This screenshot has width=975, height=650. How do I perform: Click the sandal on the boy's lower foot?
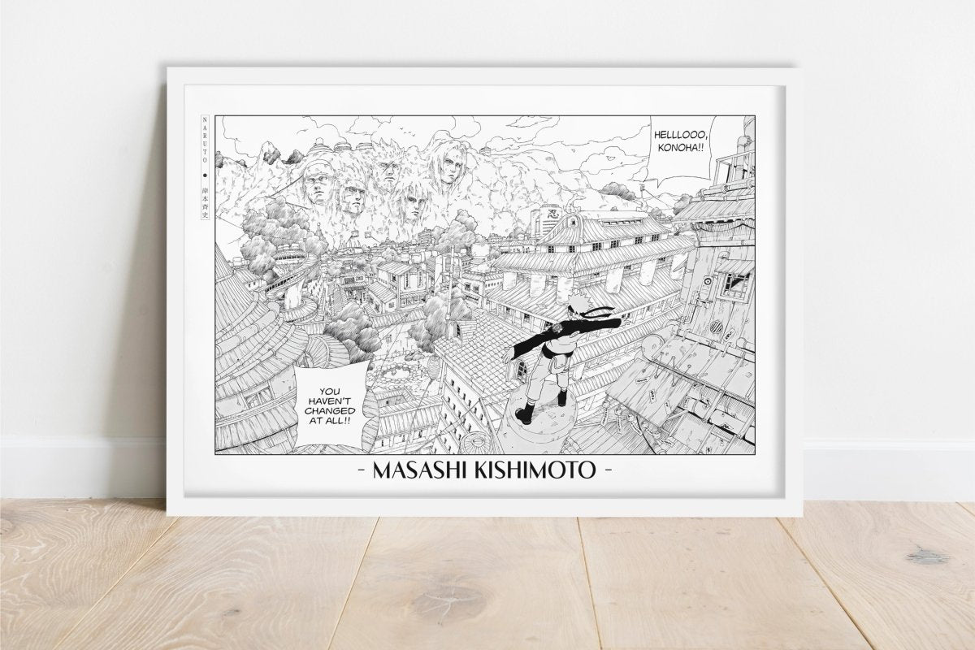click(x=524, y=416)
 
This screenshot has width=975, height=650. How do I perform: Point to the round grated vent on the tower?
click(x=716, y=327)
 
